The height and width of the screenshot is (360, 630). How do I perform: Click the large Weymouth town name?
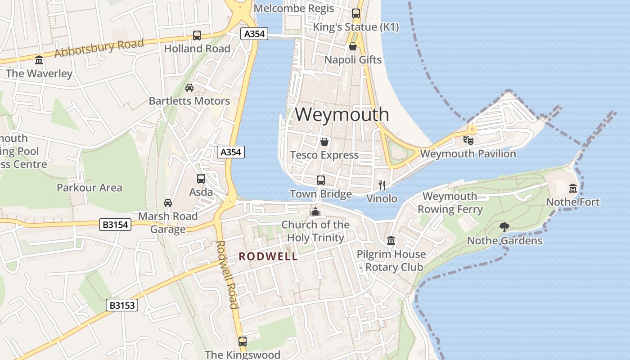[342, 114]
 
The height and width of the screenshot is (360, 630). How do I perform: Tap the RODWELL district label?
[268, 256]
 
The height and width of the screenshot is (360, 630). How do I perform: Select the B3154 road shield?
[115, 224]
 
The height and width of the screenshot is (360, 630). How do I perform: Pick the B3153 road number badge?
[122, 305]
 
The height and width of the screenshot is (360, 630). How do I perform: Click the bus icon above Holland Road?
[197, 35]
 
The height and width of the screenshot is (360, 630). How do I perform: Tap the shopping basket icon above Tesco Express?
[324, 142]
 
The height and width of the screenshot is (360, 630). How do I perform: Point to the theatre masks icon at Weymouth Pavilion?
[468, 140]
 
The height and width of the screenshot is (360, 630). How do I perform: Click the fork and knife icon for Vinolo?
[382, 185]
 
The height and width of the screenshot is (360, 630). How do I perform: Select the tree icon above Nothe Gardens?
[504, 227]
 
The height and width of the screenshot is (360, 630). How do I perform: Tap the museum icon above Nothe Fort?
[573, 188]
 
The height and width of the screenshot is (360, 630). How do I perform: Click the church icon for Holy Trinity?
[315, 211]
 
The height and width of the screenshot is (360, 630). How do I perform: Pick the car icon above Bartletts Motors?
[189, 87]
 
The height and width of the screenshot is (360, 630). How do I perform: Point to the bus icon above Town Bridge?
[321, 180]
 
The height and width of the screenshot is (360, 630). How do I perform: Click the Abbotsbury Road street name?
[99, 47]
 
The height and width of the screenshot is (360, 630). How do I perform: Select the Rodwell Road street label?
[227, 274]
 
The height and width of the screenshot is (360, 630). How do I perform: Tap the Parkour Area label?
[90, 188]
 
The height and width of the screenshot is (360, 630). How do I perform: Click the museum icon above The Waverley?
[39, 60]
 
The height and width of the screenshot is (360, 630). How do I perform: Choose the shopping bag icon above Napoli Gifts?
[353, 46]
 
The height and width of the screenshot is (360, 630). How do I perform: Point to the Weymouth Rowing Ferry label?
[450, 202]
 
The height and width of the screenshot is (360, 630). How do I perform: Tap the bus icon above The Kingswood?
[243, 341]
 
